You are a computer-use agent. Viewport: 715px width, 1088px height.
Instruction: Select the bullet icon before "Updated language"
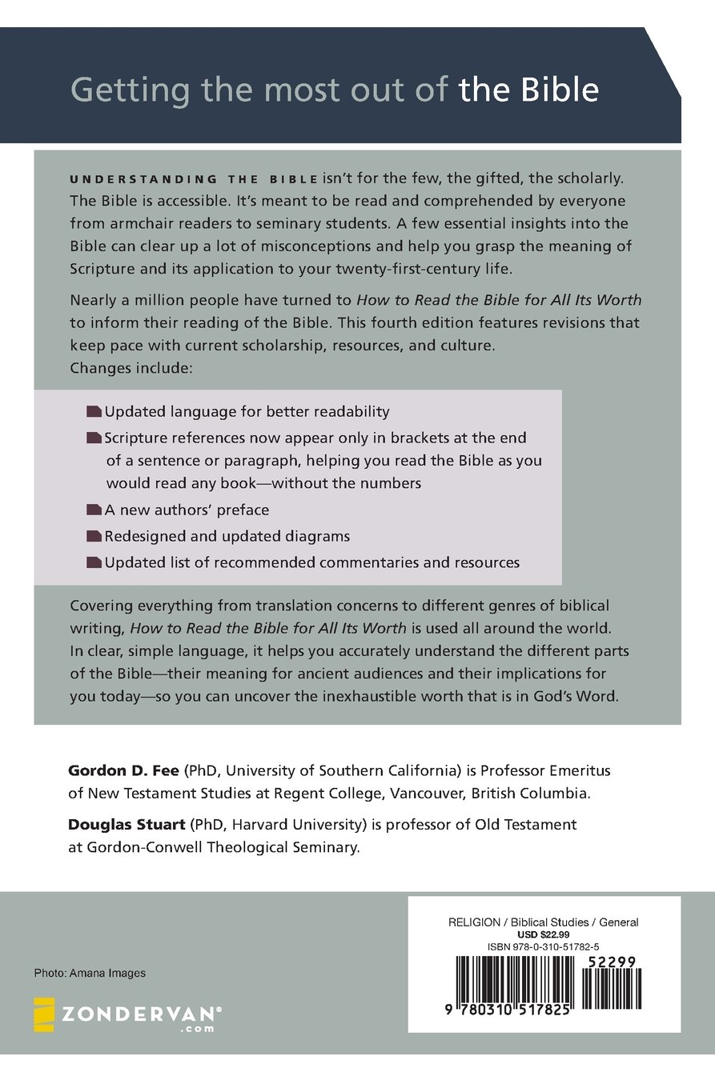94,412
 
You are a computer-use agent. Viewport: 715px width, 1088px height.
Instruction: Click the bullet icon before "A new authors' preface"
94,510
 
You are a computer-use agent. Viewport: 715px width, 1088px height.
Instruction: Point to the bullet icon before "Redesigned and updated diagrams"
94,536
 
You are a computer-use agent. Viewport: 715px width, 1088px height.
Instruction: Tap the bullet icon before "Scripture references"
94,438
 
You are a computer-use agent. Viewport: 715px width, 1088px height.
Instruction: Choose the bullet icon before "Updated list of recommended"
94,562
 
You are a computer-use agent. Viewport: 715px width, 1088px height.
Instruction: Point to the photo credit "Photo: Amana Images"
90,973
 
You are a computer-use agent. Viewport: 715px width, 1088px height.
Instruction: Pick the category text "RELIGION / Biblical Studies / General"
544,922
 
